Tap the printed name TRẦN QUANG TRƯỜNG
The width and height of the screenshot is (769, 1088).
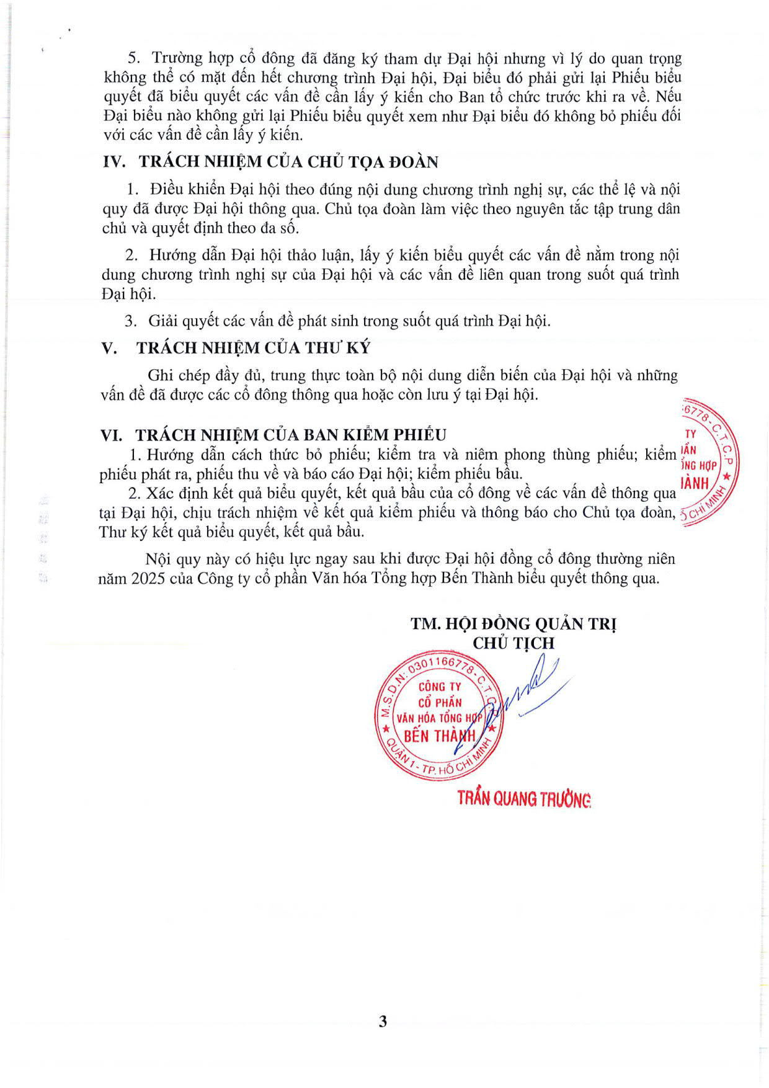click(x=524, y=798)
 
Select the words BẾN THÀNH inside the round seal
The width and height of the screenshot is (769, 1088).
click(x=439, y=736)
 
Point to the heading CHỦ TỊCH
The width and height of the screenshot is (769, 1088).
click(x=513, y=643)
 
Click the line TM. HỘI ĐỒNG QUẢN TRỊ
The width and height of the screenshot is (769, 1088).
click(x=513, y=624)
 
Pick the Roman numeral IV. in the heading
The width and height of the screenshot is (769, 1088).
click(x=114, y=162)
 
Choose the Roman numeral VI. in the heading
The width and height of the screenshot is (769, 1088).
click(x=112, y=435)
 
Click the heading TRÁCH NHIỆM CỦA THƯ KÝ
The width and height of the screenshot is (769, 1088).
click(x=253, y=348)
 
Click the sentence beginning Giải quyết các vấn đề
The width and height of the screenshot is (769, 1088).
click(x=349, y=321)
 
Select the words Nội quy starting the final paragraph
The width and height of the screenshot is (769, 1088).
click(x=165, y=560)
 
